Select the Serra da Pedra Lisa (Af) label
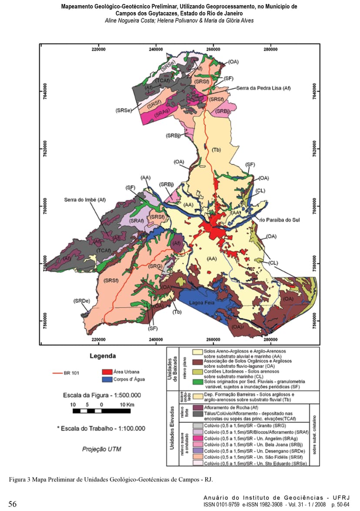tap(263, 88)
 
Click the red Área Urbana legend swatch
tap(107, 372)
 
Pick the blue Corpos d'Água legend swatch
tap(107, 379)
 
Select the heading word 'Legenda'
tap(103, 356)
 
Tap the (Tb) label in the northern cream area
tap(217, 150)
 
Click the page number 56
tap(13, 504)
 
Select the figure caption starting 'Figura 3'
tap(111, 480)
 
